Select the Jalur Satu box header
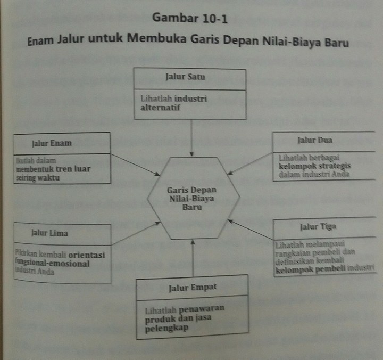190,77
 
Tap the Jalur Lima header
51,233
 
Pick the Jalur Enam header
52,143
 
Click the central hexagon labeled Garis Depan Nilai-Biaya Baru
193,198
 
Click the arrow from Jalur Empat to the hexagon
193,258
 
